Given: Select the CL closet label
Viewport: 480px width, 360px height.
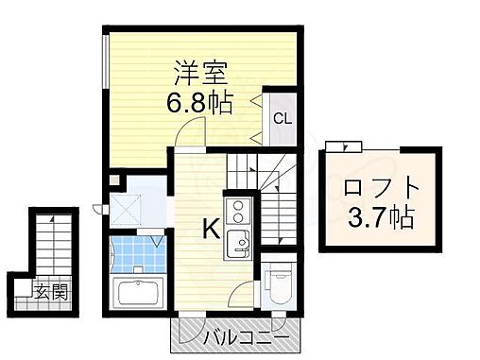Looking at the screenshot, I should pos(281,119).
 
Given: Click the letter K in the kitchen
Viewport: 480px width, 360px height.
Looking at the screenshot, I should pos(211,227).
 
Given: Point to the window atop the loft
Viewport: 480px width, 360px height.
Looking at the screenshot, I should pos(342,146).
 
